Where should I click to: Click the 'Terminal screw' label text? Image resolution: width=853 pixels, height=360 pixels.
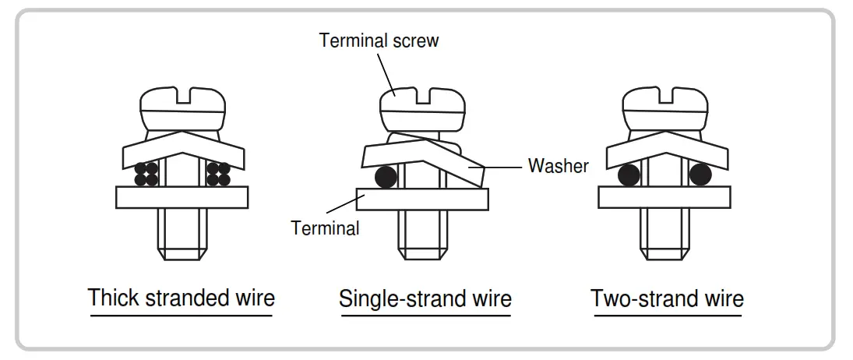click(379, 41)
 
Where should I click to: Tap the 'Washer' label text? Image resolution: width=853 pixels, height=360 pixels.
click(558, 165)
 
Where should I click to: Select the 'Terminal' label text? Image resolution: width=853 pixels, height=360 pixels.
click(325, 228)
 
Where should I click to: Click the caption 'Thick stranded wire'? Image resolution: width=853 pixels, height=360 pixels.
click(181, 298)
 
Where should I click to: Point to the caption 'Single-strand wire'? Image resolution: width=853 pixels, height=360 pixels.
click(425, 298)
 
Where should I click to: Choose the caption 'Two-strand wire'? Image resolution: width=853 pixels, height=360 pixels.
click(667, 298)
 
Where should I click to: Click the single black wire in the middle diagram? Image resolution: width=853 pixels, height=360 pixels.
click(386, 178)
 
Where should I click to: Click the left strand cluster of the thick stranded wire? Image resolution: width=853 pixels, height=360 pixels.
click(146, 174)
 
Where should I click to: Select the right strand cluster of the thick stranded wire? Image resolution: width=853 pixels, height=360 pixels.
click(218, 174)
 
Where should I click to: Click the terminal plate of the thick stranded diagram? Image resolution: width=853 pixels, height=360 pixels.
click(182, 197)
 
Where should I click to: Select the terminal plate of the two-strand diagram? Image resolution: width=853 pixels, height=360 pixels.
click(664, 197)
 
